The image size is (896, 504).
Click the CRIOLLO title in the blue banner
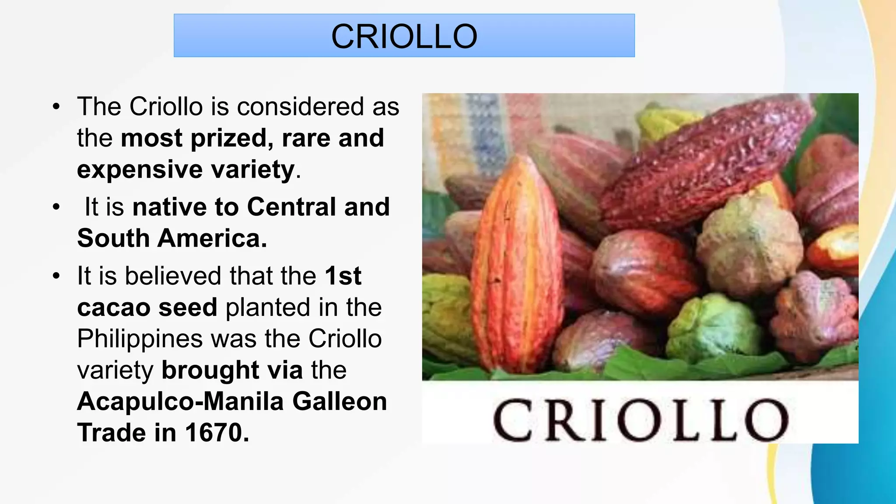click(404, 36)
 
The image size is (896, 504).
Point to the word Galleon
click(339, 402)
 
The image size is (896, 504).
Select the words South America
click(172, 238)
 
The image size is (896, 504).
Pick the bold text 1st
click(343, 276)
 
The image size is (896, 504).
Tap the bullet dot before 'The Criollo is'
click(56, 107)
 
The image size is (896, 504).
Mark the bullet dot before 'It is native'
click(56, 207)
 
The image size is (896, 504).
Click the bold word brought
click(210, 370)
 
